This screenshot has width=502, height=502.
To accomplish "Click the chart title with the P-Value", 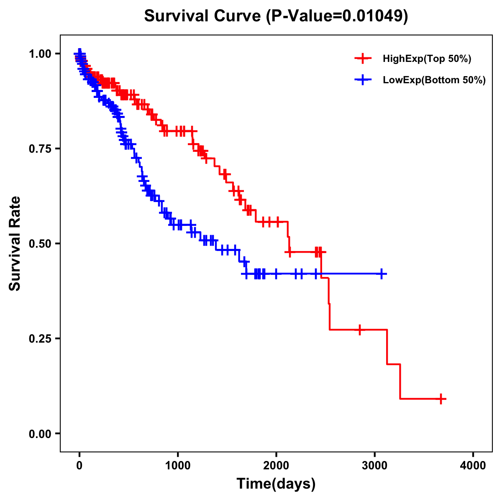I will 276,16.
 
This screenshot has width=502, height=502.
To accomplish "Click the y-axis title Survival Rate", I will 15,243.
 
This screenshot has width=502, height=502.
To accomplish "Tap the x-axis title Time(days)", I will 276,484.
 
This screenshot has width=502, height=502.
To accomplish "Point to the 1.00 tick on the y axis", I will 40,54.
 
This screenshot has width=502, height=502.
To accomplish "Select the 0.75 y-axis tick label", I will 40,149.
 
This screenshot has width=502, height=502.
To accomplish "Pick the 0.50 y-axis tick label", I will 40,243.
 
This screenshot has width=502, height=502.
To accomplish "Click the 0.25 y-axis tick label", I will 40,338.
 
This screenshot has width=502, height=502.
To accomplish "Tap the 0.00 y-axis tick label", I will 40,433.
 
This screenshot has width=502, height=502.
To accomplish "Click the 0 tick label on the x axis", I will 79,466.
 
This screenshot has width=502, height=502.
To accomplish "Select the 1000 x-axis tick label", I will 178,466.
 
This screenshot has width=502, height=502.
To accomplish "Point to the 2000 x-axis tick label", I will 276,466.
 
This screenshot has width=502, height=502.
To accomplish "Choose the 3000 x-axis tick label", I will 375,466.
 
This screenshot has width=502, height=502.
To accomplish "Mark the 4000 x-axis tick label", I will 473,466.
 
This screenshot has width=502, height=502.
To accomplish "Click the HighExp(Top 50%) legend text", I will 427,59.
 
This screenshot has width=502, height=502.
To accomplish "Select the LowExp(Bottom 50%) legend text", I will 434,80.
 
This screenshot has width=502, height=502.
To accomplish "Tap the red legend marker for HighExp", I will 363,59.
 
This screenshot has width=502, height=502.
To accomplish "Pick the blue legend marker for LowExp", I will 363,80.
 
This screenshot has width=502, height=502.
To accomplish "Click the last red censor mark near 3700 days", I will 441,399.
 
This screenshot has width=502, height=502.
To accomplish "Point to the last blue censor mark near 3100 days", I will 382,274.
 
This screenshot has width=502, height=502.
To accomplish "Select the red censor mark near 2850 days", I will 359,330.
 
